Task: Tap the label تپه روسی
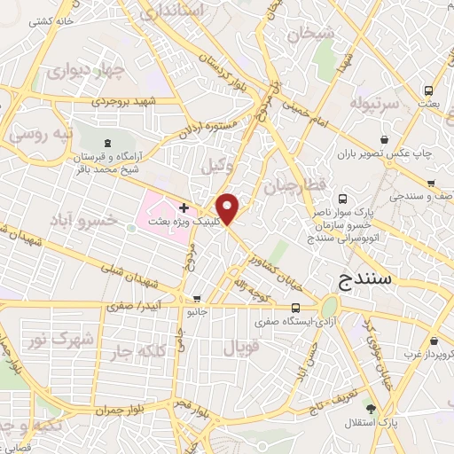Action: click(35, 135)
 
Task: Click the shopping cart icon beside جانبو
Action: click(197, 299)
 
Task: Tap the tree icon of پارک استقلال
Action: click(370, 409)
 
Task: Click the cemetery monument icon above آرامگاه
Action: click(107, 142)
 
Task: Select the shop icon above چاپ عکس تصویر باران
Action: click(384, 139)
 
